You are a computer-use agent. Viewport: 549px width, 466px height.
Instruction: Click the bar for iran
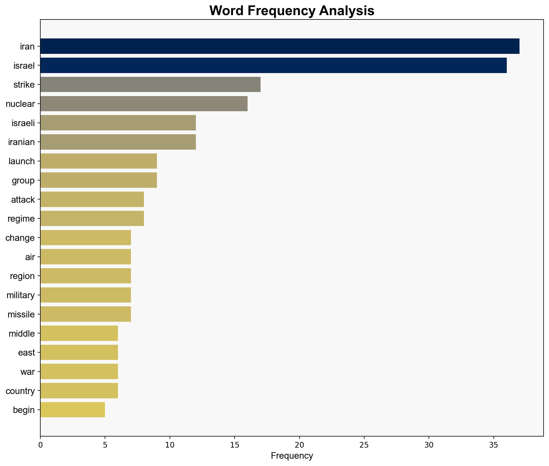[x=280, y=46]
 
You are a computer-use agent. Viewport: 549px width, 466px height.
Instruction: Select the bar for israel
[x=273, y=65]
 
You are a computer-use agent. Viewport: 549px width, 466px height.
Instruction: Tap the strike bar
[x=150, y=85]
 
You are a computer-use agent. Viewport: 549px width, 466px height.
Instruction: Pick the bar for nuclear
[x=144, y=104]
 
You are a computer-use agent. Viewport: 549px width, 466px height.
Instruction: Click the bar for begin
[x=73, y=410]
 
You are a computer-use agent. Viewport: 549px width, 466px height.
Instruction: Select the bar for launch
[x=98, y=161]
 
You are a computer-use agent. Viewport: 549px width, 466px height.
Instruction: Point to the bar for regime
[x=92, y=219]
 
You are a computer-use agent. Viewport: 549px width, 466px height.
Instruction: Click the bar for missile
[x=86, y=314]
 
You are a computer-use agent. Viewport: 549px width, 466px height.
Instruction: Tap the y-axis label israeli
[x=23, y=123]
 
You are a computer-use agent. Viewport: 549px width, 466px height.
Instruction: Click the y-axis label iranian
[x=22, y=142]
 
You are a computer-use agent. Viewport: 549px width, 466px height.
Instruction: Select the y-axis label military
[x=21, y=295]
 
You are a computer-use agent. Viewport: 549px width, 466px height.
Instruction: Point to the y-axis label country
[x=20, y=391]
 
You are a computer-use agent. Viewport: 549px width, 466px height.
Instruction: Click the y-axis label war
[x=28, y=372]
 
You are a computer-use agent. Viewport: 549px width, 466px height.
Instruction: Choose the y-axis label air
[x=30, y=257]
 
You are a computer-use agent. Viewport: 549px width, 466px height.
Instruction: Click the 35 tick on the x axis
[x=494, y=445]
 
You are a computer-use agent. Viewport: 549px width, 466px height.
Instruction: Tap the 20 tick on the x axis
[x=299, y=445]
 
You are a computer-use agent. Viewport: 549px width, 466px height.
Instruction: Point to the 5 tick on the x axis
[x=105, y=445]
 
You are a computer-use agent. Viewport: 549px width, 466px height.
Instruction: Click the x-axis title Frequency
[x=292, y=456]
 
